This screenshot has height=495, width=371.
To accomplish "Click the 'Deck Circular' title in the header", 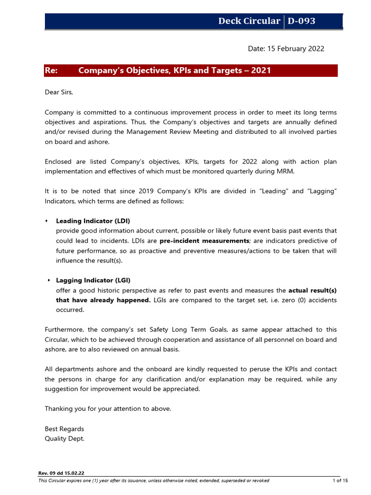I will click(x=249, y=21).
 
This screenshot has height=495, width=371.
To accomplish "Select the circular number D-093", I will click(x=301, y=21).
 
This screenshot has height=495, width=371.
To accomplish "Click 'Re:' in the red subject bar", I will click(x=51, y=71).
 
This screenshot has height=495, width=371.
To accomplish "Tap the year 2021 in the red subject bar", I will click(x=261, y=71).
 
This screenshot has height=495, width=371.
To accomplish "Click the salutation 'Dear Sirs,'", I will click(x=59, y=92).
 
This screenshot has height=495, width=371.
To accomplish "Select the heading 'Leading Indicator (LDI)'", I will click(x=93, y=221).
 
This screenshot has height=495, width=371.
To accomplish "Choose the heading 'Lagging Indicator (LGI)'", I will click(x=93, y=280).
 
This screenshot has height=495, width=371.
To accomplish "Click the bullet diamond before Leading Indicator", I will click(x=46, y=221).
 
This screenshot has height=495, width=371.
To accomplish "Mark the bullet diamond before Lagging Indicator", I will click(x=49, y=280).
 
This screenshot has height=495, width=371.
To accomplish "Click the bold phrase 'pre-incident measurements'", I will click(x=204, y=241).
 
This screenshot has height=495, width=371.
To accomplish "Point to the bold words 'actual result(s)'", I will click(x=313, y=291).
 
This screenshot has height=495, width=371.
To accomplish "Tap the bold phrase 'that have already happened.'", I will click(x=103, y=300).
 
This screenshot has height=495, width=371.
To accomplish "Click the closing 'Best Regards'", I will click(x=64, y=429).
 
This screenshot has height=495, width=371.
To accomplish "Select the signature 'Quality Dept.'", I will click(x=64, y=439).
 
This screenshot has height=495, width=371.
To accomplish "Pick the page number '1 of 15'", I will click(x=340, y=480).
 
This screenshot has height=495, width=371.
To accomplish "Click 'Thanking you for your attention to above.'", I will click(x=108, y=409).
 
